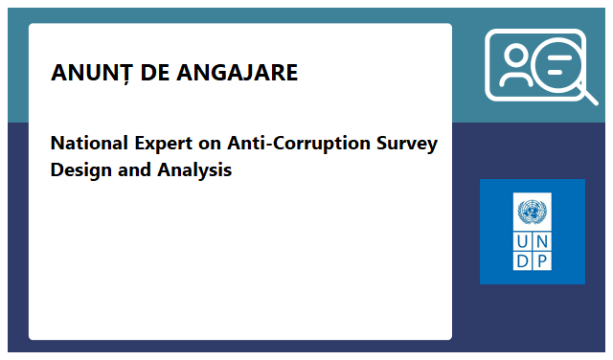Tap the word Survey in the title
pos(406,144)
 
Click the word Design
pos(80,171)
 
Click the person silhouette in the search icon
pos(513,67)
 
